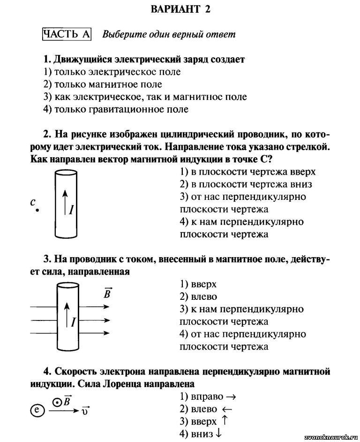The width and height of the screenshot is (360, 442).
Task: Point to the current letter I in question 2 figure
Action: pos(71,209)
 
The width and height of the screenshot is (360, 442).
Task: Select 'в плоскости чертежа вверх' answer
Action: pos(247,172)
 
